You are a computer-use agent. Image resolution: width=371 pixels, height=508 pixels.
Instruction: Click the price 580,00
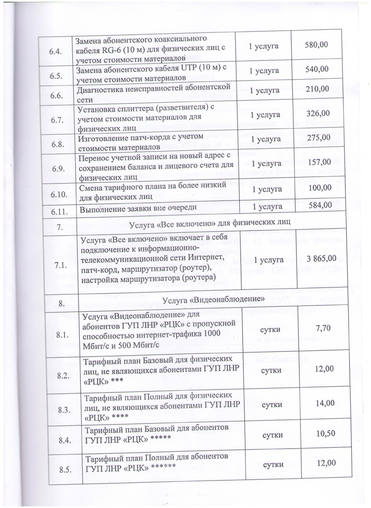pyautogui.click(x=316, y=45)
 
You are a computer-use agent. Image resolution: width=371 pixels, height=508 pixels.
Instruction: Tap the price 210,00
pyautogui.click(x=317, y=89)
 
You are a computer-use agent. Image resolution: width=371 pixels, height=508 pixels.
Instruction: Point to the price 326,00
pyautogui.click(x=318, y=113)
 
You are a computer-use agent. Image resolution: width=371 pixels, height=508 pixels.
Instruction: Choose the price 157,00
pyautogui.click(x=319, y=162)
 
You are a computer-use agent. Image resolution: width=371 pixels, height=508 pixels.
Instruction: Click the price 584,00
pyautogui.click(x=320, y=205)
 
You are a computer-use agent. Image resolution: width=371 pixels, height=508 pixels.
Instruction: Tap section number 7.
pyautogui.click(x=59, y=227)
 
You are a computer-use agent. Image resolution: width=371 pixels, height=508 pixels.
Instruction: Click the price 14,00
pyautogui.click(x=325, y=403)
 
